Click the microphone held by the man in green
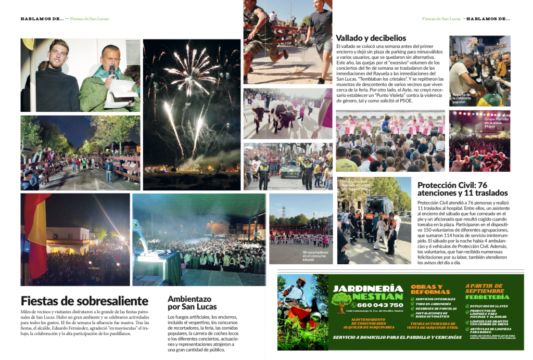[x=112, y=69]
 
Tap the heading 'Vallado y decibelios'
[x=371, y=37]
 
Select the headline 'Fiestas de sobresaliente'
[x=84, y=301]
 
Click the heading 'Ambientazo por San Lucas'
[x=193, y=302]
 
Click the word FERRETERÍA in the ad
[x=487, y=297]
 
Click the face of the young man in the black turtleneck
[x=58, y=53]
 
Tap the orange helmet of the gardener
[x=300, y=281]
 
